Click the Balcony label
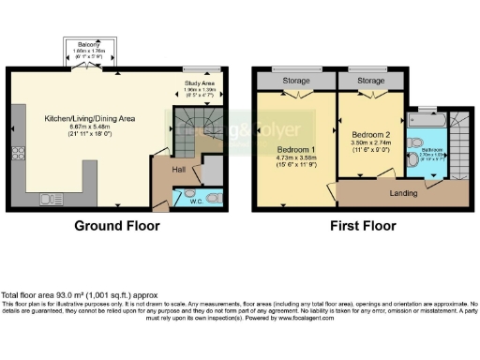[90, 44]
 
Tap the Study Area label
[197, 83]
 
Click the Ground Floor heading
[117, 226]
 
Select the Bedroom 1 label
[295, 150]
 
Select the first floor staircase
[458, 141]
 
